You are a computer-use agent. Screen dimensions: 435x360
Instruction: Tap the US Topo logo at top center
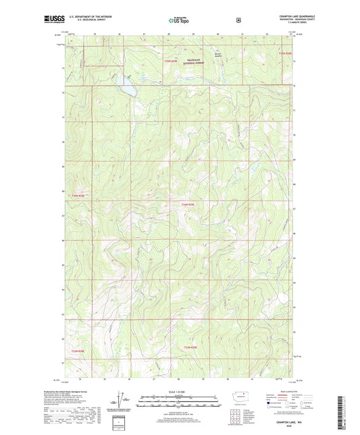tap(179, 20)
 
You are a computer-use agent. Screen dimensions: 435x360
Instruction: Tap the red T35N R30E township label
tap(285, 53)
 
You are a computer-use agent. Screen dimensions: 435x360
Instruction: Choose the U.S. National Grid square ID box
tap(122, 417)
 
